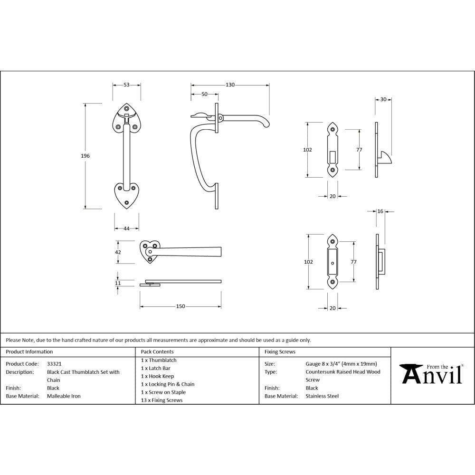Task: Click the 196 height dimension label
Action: (86, 156)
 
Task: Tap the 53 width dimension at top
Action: (126, 85)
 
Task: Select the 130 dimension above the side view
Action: (230, 85)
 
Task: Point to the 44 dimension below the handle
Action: (126, 228)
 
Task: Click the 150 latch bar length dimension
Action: (180, 306)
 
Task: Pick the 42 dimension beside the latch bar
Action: (118, 252)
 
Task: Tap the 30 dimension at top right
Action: (383, 100)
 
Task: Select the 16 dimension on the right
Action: (380, 211)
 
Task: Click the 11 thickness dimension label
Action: (118, 283)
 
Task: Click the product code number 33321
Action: (54, 363)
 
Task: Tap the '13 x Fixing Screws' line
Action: (161, 400)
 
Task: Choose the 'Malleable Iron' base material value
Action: (64, 396)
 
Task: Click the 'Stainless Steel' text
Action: (322, 396)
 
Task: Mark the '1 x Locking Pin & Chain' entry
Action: (168, 384)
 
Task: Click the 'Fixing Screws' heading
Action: (280, 352)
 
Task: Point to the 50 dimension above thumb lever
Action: (204, 95)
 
